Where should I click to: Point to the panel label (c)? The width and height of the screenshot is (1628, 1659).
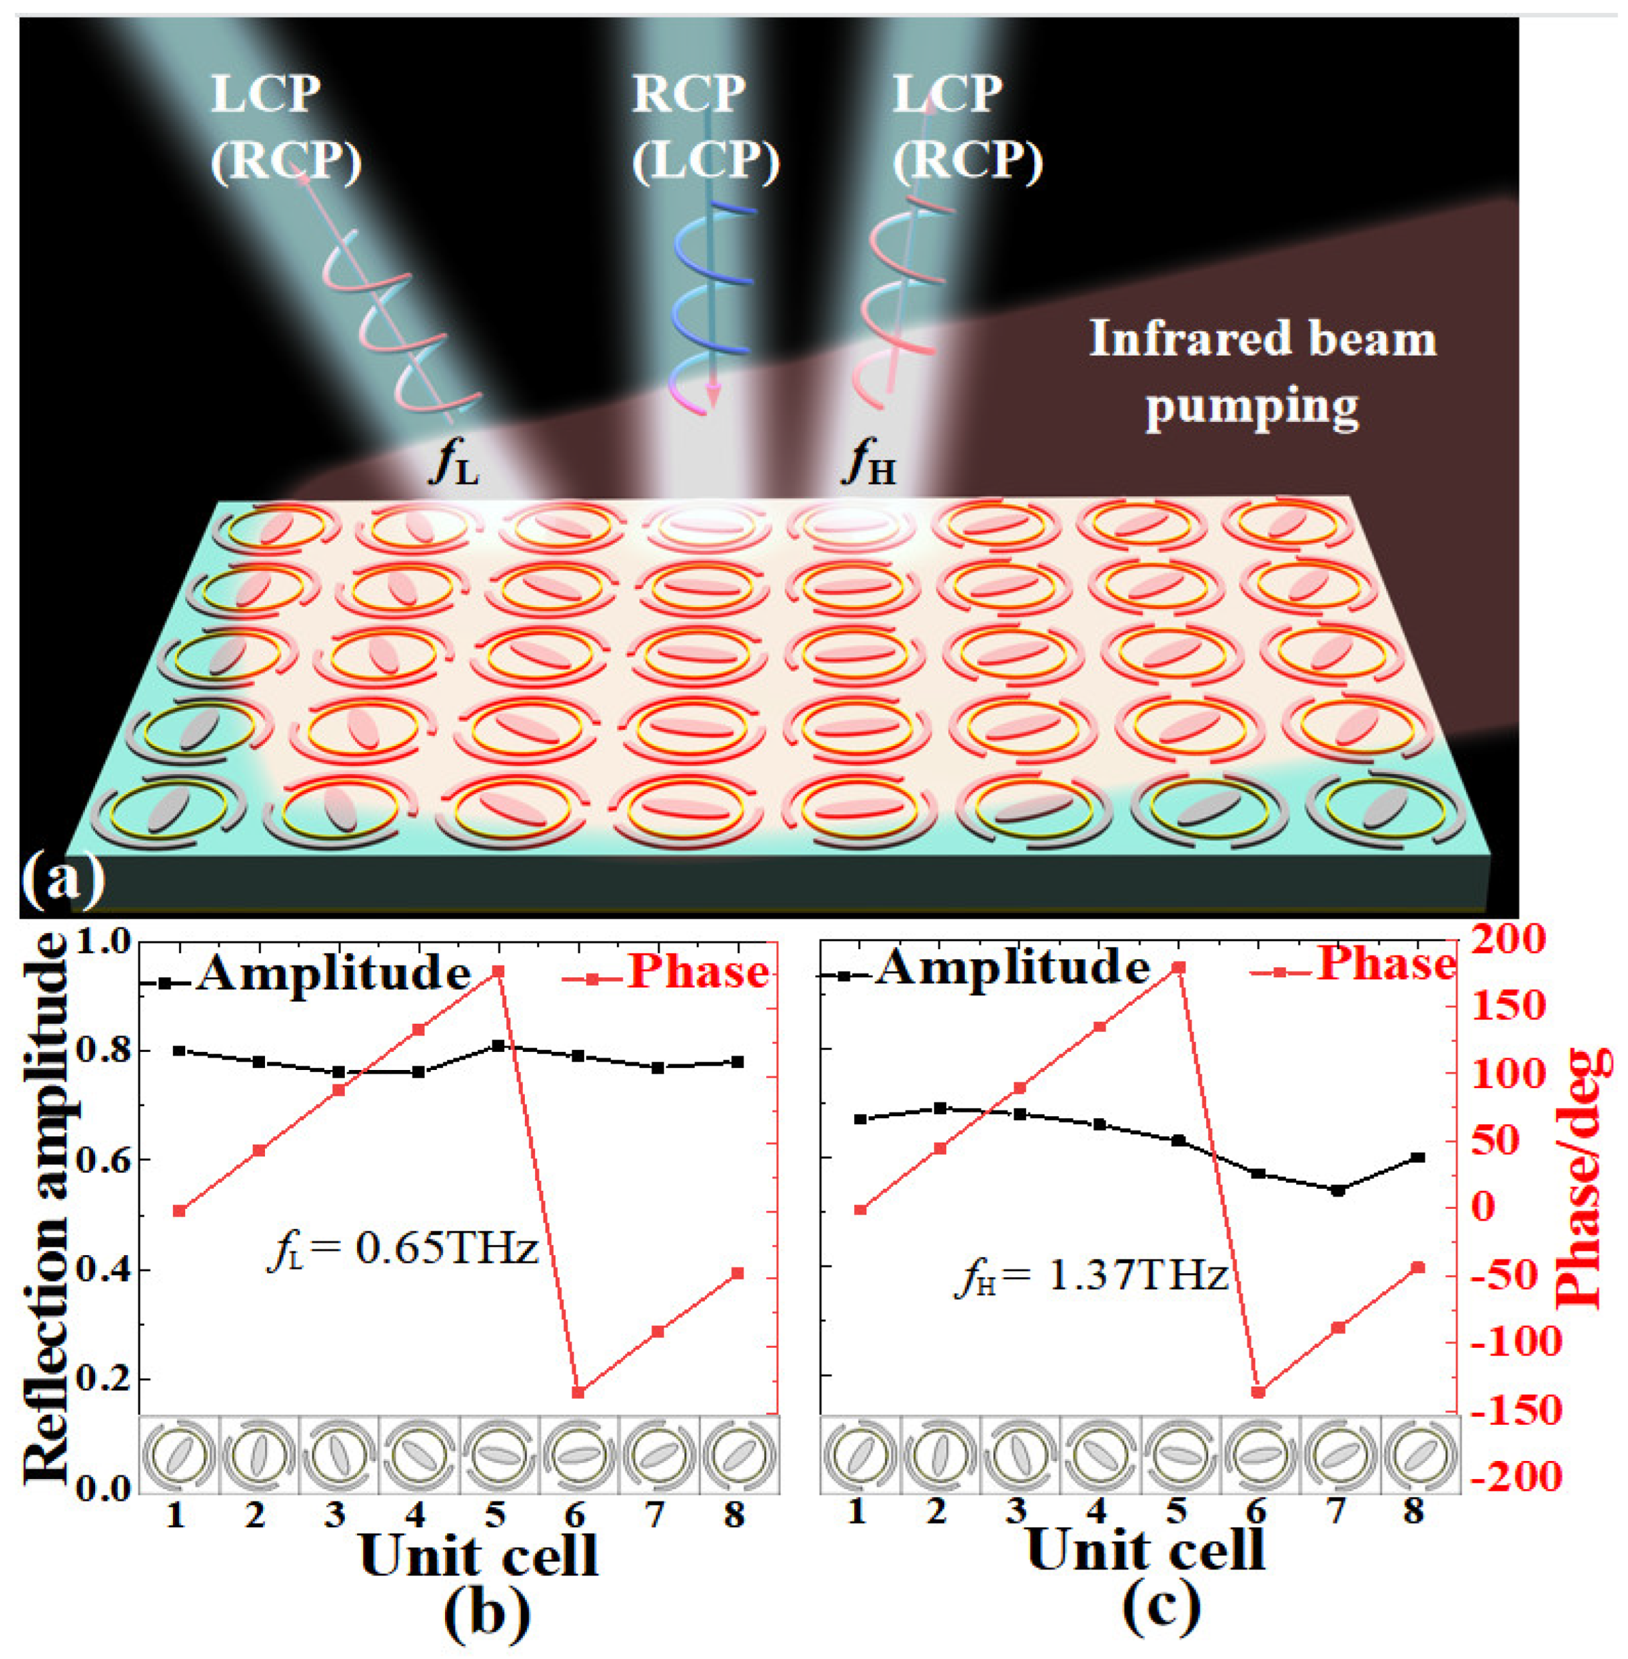click(1160, 1607)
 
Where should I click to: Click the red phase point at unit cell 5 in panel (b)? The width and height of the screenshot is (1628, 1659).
click(498, 971)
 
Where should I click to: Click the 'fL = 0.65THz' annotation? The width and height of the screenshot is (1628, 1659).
click(402, 1249)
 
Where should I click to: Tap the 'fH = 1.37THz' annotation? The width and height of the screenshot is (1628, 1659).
click(1090, 1277)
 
